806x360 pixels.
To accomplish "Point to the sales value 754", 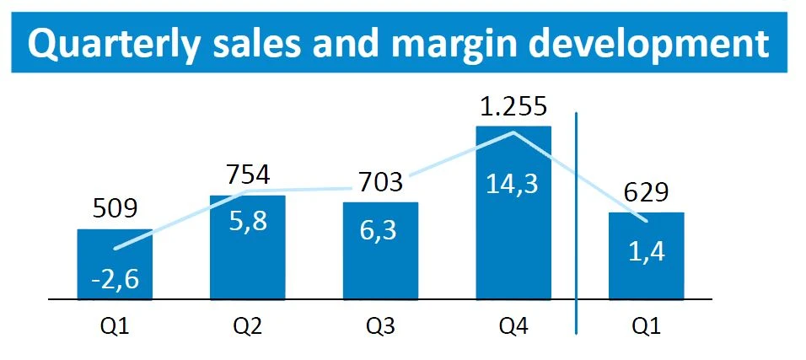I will pos(248,175).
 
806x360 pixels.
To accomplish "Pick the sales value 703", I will pos(380,182).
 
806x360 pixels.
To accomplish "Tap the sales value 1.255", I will pos(513,108).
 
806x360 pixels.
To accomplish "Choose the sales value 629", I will pos(647,194).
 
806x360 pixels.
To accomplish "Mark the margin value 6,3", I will pos(380,228).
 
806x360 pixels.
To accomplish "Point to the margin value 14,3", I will pos(513,185).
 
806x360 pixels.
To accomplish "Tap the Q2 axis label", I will pos(248,324).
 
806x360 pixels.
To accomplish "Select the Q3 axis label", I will pos(380,324).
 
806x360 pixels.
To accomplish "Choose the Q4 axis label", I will pos(513,324).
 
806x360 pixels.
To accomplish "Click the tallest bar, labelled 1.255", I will pos(513,244).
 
